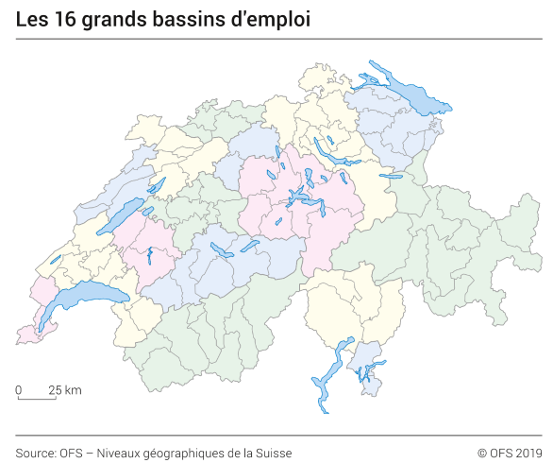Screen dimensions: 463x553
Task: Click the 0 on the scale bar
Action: (18, 389)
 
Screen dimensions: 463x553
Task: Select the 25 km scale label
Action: (65, 389)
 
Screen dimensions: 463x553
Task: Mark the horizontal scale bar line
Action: (37, 399)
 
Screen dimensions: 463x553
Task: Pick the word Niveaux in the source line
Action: (121, 453)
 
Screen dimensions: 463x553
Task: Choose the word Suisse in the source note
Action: (273, 453)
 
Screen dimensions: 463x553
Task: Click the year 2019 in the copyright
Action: (528, 453)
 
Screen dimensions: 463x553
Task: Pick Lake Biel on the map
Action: (156, 184)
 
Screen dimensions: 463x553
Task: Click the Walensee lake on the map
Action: (389, 176)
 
